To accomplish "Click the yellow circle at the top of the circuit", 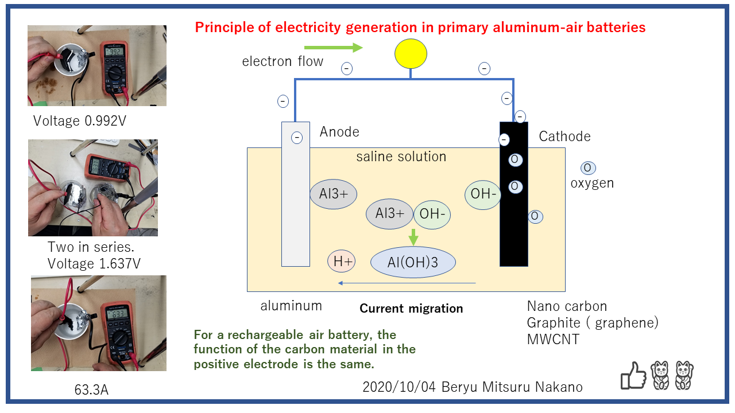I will coord(411,53).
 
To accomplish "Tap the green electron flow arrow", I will coord(333,47).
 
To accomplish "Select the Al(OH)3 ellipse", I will coord(413,263).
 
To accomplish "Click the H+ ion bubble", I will coord(342,262).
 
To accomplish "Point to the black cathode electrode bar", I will coord(513,229).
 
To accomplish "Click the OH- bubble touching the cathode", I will coord(483,194).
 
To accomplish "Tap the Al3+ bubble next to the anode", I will coord(333,193).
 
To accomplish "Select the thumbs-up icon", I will coord(633,376).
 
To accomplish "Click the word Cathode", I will coord(564,137).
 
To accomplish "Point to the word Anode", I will coord(339,132).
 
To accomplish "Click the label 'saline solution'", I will coord(401,156).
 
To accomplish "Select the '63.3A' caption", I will coord(91,390).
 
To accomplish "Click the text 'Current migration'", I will coord(411,309).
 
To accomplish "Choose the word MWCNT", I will coord(553,339).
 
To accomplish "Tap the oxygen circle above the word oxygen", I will coord(588,168).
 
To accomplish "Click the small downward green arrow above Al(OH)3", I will coord(413,236).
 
